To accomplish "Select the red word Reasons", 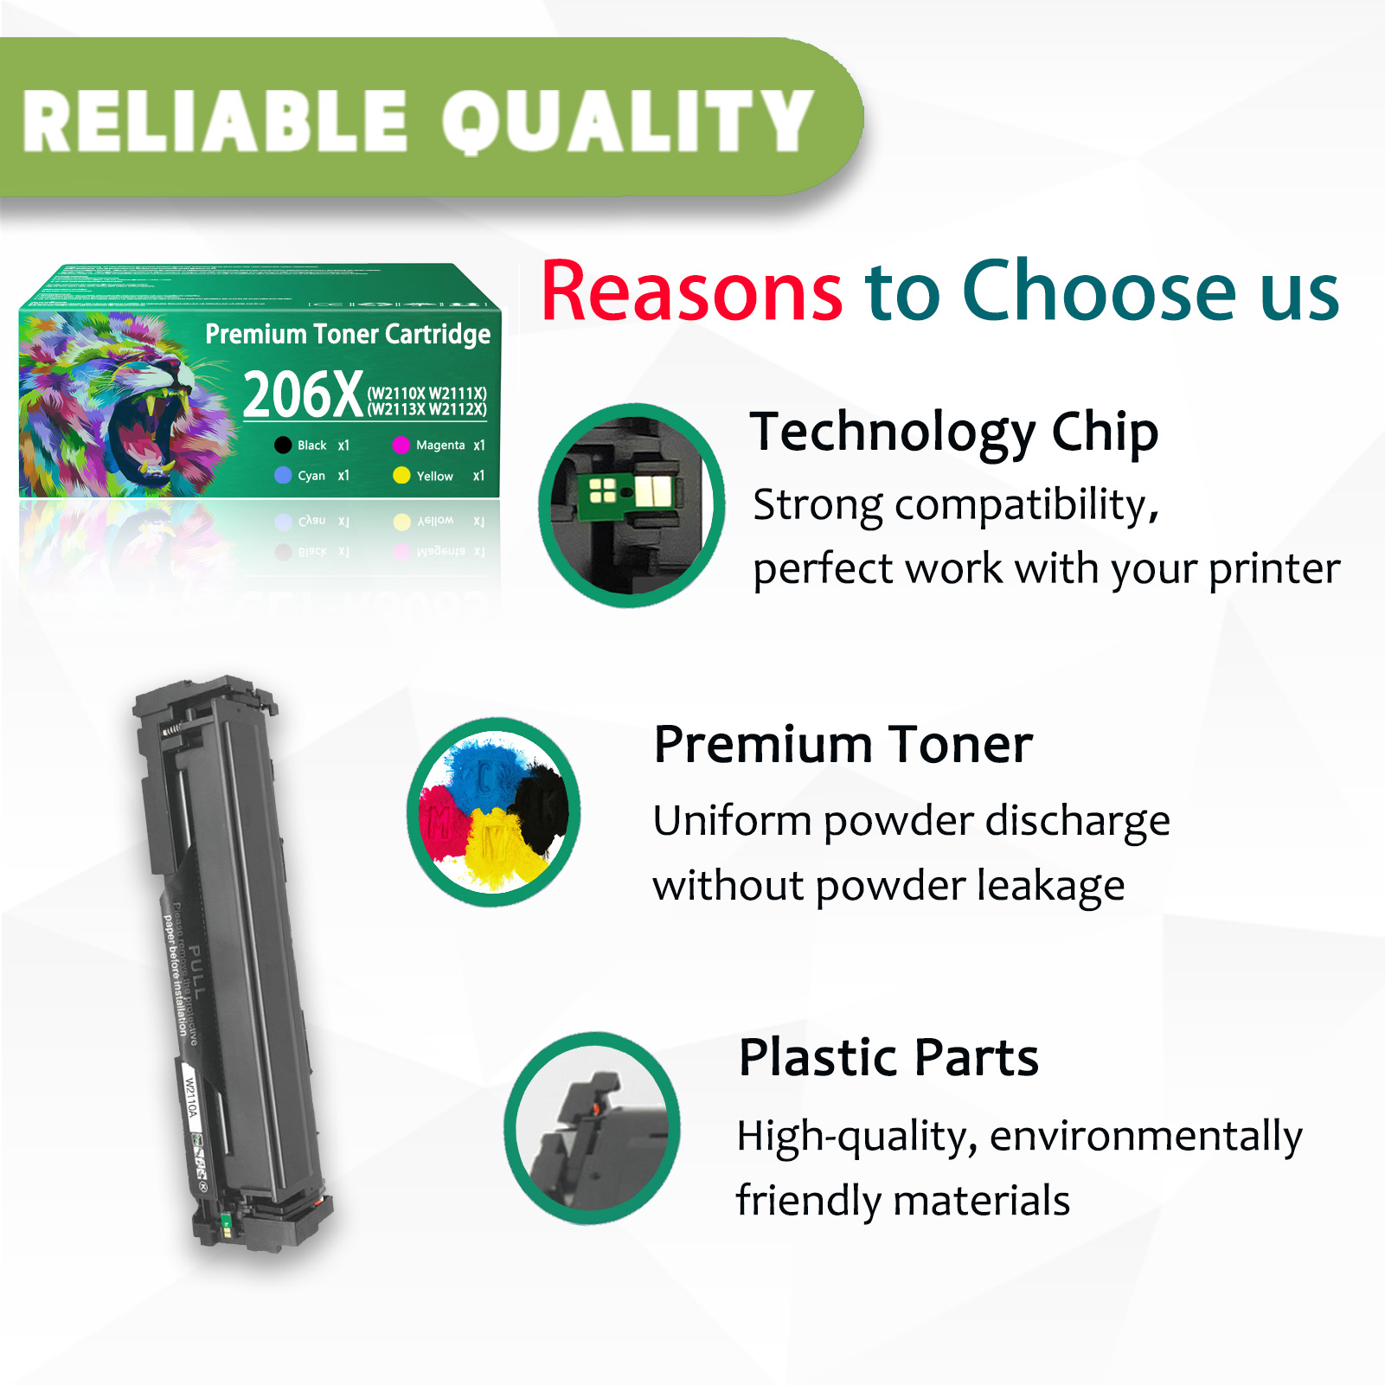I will [691, 292].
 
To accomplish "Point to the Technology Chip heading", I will [953, 432].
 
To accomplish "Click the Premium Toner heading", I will [843, 745].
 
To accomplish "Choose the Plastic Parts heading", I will [888, 1057].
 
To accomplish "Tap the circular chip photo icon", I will [631, 505].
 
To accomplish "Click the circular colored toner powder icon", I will [494, 811].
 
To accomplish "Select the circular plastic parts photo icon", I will [592, 1127].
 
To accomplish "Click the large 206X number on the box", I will [302, 395].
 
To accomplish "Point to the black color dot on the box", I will [283, 446].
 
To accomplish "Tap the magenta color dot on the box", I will [401, 446].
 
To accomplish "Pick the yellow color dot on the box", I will [401, 476].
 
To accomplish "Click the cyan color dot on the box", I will [283, 476].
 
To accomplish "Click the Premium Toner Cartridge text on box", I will [348, 334].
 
